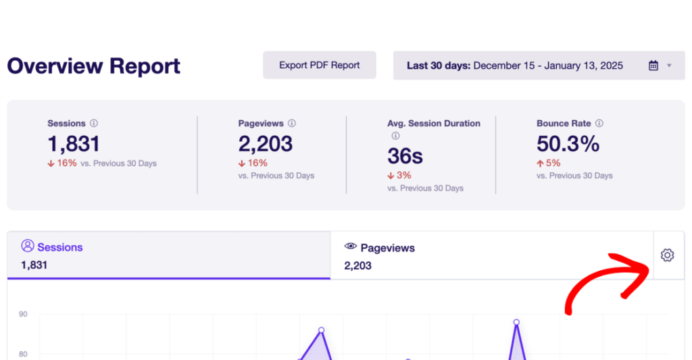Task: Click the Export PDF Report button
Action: pyautogui.click(x=319, y=66)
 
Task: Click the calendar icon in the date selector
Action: pyautogui.click(x=653, y=66)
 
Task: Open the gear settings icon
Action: pyautogui.click(x=668, y=255)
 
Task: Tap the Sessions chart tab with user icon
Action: pyautogui.click(x=169, y=255)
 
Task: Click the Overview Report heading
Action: pyautogui.click(x=94, y=66)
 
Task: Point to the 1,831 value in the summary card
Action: pyautogui.click(x=74, y=143)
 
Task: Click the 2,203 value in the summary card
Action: pyautogui.click(x=266, y=143)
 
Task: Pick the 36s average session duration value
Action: pyautogui.click(x=405, y=156)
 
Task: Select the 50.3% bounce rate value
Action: pyautogui.click(x=568, y=143)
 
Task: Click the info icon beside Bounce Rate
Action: pyautogui.click(x=599, y=124)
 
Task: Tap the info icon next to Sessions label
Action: pyautogui.click(x=94, y=124)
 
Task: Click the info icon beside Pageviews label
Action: pyautogui.click(x=292, y=124)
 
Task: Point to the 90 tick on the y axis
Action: pyautogui.click(x=23, y=314)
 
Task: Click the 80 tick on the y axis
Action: pyautogui.click(x=23, y=354)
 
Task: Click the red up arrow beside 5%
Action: pyautogui.click(x=541, y=163)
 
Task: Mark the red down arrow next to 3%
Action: pyautogui.click(x=391, y=176)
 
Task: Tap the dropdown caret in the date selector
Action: pyautogui.click(x=669, y=66)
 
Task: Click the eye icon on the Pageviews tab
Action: pyautogui.click(x=350, y=247)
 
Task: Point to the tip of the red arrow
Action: pyautogui.click(x=647, y=266)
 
